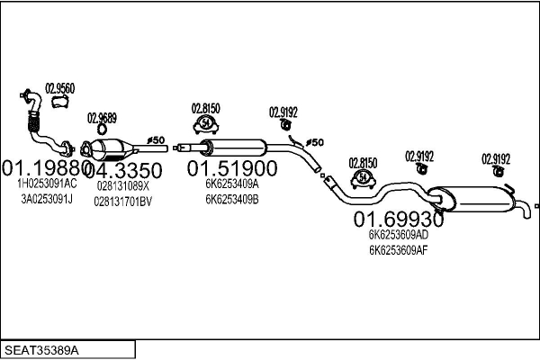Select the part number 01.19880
pos(43,169)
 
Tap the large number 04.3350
pos(123,170)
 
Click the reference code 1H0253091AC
pos(47,184)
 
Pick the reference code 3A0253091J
pos(47,199)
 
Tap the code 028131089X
pos(122,185)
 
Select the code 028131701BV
pos(122,201)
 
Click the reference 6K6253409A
pos(231,184)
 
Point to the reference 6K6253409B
pos(231,199)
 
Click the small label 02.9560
pos(60,87)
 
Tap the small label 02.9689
pos(101,118)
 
